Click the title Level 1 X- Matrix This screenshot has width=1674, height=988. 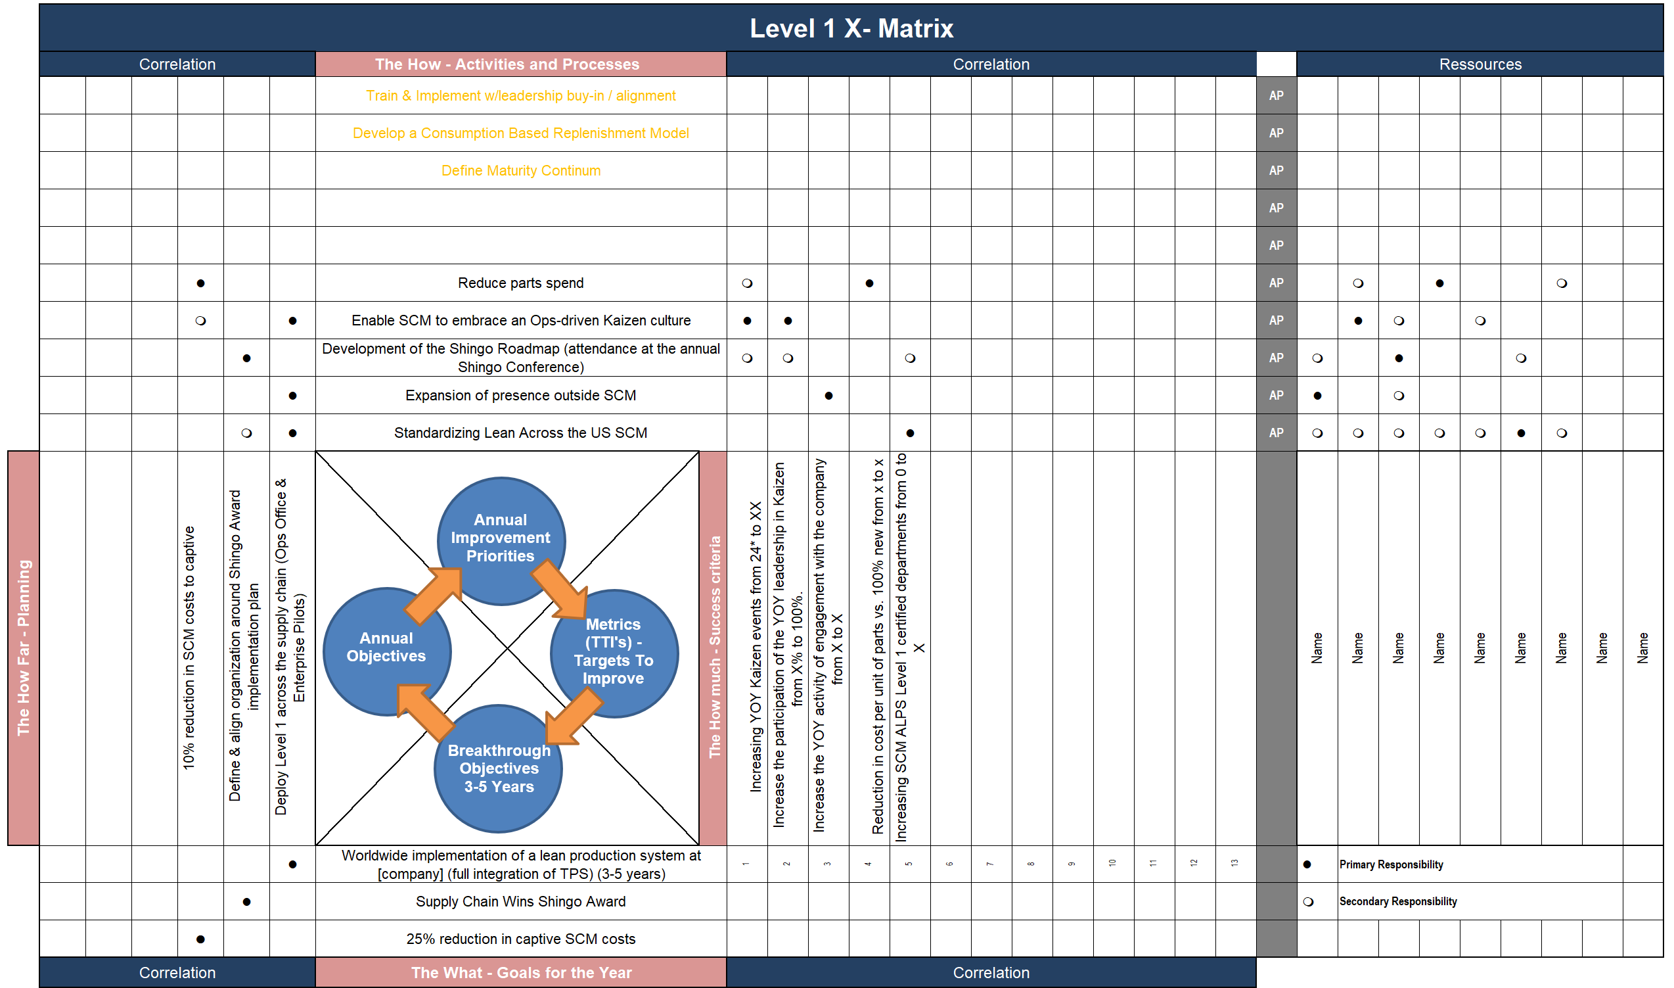tap(851, 28)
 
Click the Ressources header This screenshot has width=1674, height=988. tap(1480, 64)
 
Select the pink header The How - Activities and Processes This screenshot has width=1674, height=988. tap(507, 64)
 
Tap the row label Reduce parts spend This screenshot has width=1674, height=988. tap(520, 283)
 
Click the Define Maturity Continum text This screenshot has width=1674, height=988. tap(520, 170)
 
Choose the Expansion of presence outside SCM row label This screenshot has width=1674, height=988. tap(520, 396)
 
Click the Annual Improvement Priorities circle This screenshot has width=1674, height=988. tap(501, 540)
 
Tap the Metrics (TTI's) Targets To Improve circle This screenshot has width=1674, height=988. tap(614, 653)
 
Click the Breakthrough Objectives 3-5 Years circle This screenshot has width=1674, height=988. tap(499, 768)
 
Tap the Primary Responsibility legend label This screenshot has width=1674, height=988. tap(1391, 864)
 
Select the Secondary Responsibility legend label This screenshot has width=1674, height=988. tap(1397, 901)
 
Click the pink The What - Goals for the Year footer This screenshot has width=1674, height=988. tap(521, 973)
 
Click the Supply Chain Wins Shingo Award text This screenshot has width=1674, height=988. tap(520, 901)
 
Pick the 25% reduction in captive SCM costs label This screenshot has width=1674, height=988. tap(520, 939)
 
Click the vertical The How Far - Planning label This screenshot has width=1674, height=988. tap(23, 647)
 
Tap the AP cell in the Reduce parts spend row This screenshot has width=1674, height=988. tap(1275, 283)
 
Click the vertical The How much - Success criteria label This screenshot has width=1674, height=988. tap(715, 647)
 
